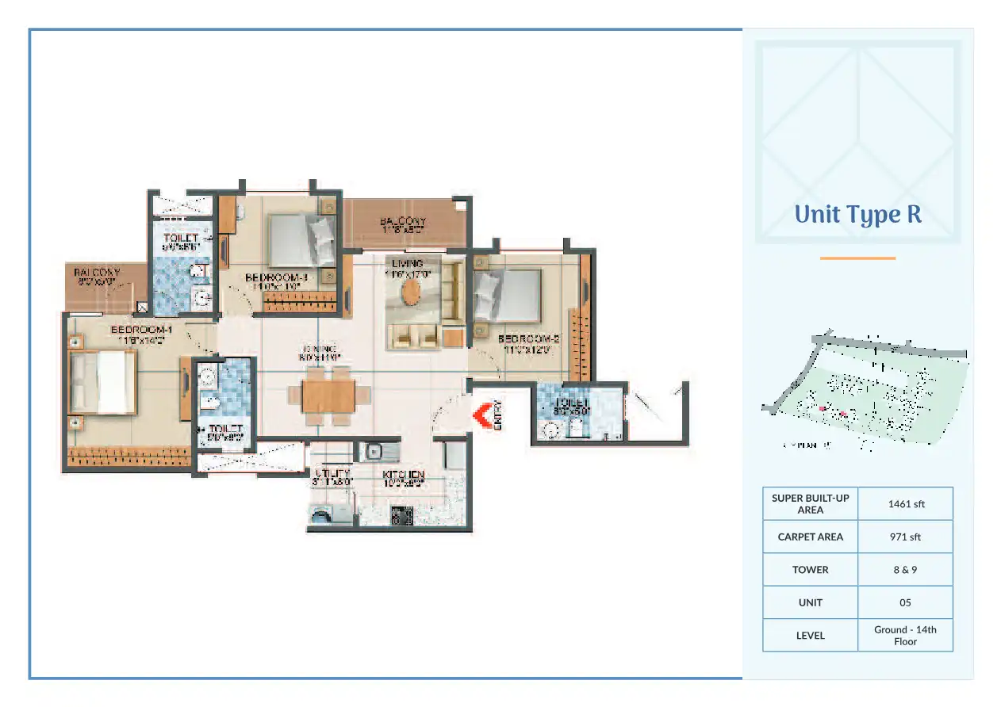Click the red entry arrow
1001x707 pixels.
[x=481, y=415]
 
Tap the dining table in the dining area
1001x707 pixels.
[x=328, y=395]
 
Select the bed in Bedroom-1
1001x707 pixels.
[x=102, y=383]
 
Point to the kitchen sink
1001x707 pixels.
[x=372, y=453]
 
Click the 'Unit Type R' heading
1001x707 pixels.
[x=857, y=215]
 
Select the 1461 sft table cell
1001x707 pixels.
[x=905, y=504]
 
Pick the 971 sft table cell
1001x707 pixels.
[x=905, y=537]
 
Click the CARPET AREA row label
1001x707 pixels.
[x=810, y=537]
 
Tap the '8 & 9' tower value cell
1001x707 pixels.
[x=905, y=570]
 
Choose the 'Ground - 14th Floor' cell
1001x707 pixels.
[x=905, y=635]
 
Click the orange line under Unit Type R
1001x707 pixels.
[x=857, y=258]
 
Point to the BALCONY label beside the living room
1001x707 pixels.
[x=402, y=222]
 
